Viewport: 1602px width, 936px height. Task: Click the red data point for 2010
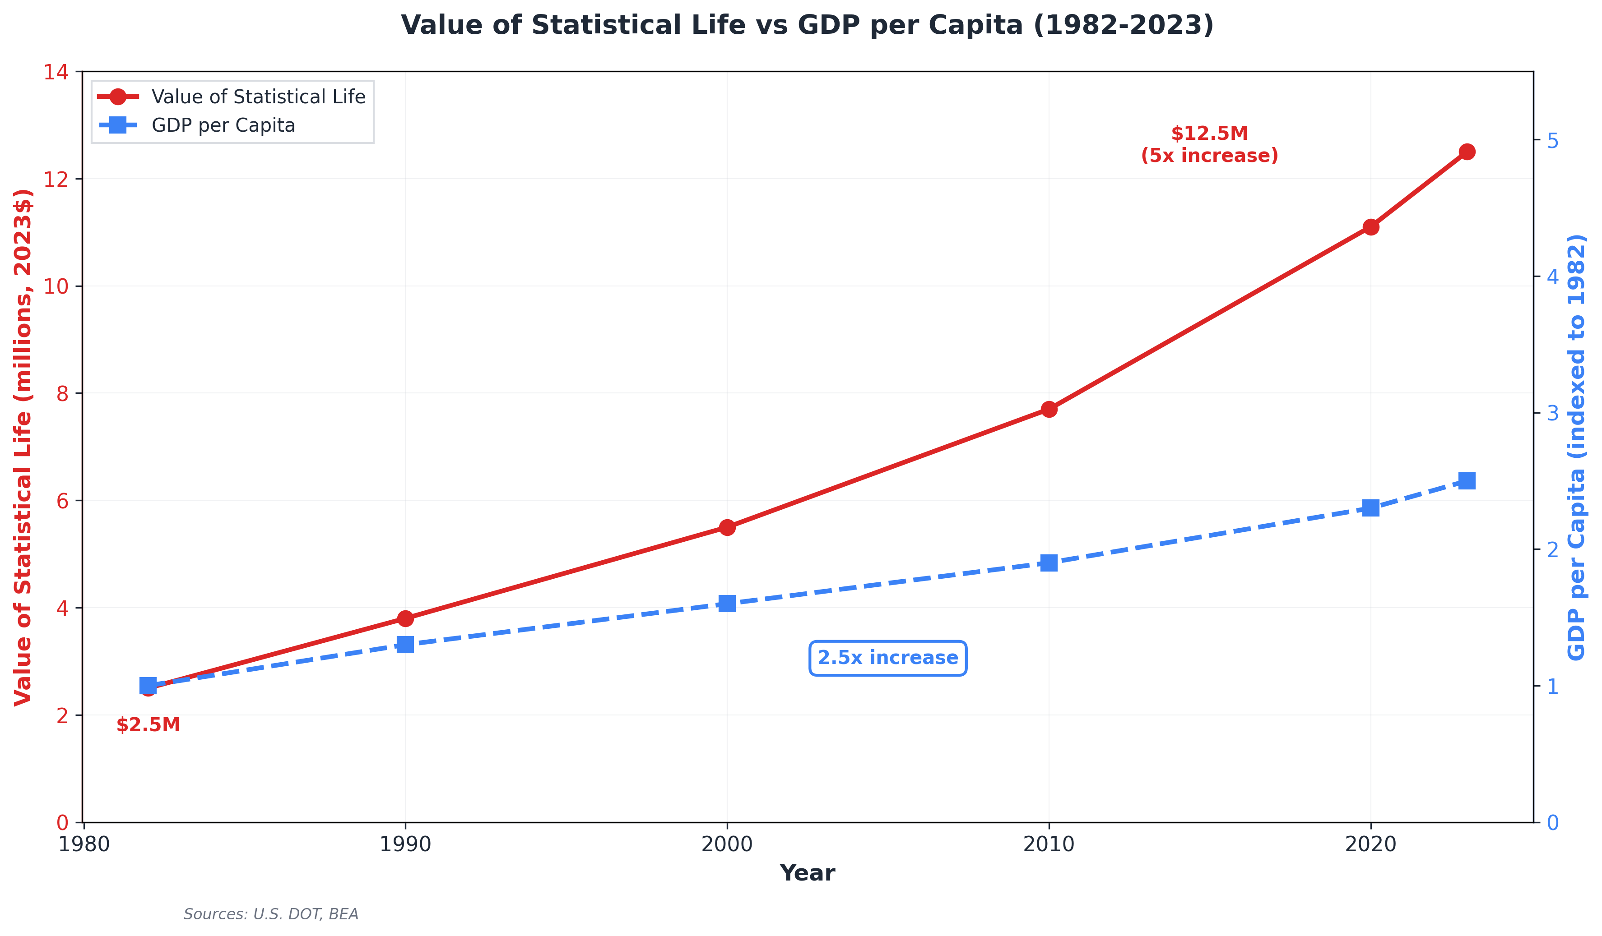point(1049,409)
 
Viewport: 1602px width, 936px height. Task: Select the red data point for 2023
point(1467,152)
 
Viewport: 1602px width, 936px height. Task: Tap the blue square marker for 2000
point(727,604)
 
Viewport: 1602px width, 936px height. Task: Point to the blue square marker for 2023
point(1467,480)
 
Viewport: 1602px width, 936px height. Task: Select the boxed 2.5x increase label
point(887,658)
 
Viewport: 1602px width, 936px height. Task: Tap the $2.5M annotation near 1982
point(148,725)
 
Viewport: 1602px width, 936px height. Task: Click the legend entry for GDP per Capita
point(223,126)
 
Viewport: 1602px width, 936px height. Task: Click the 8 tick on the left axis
point(62,394)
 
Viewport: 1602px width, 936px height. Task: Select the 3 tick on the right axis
point(1552,414)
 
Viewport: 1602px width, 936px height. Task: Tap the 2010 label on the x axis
point(1049,844)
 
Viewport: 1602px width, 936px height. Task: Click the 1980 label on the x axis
point(84,844)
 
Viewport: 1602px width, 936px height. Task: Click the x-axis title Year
point(808,873)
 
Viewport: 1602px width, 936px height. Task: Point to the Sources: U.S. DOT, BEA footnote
point(271,914)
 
